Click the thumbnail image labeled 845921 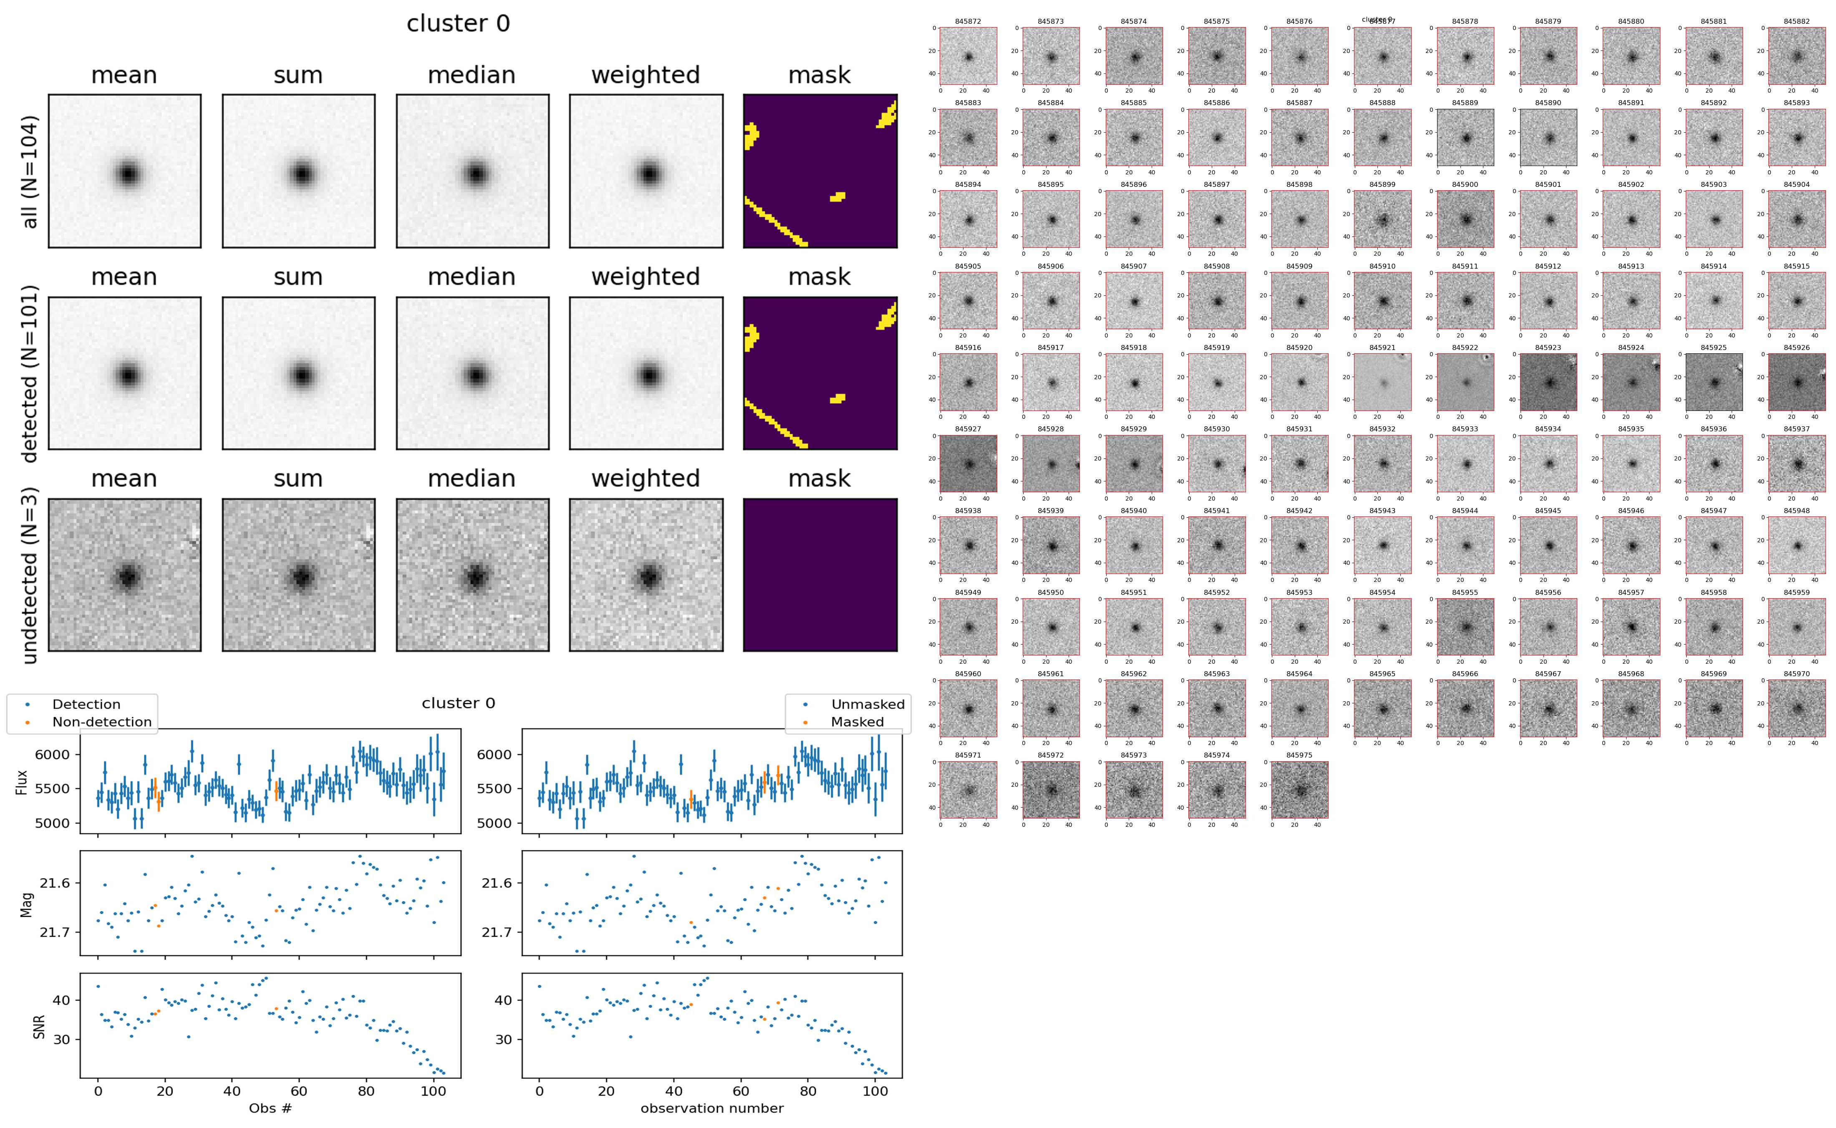[1382, 382]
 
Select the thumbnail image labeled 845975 [1300, 789]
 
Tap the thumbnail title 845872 [968, 22]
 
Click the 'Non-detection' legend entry [101, 722]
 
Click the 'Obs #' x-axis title [270, 1109]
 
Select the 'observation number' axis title [712, 1109]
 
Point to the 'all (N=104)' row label [30, 171]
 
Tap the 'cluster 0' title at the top [458, 24]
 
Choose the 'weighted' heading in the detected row [646, 277]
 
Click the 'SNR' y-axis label [39, 1027]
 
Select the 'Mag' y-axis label [27, 904]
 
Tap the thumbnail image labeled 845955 [1465, 627]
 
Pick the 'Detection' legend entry [86, 704]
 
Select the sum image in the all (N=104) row [298, 171]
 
